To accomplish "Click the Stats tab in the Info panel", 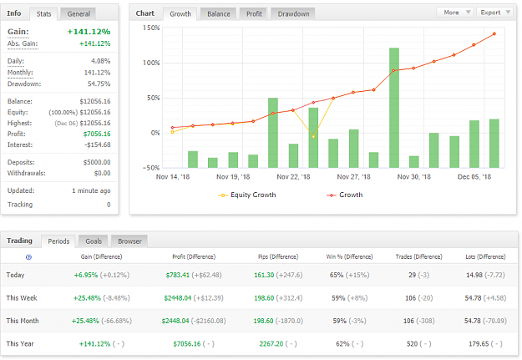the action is click(43, 14).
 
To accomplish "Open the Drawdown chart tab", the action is click(293, 14).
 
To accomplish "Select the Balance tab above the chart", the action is click(218, 14).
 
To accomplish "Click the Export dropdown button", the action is click(494, 13).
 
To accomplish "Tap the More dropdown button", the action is click(456, 13).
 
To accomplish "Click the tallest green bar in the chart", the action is click(394, 108).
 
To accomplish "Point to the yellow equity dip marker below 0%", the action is click(313, 136).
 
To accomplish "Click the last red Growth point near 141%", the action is click(494, 34).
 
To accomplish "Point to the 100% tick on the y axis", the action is click(151, 63).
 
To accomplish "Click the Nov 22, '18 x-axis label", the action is click(293, 177).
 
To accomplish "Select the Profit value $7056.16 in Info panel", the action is click(97, 134).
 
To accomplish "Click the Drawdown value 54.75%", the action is click(99, 84).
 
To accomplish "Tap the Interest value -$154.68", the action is click(97, 145).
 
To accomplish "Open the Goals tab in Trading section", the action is click(94, 241).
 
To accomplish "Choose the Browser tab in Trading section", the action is click(129, 241).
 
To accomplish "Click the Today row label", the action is click(15, 275).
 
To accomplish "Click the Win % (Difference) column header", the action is click(349, 256).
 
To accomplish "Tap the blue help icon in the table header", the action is click(28, 257).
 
